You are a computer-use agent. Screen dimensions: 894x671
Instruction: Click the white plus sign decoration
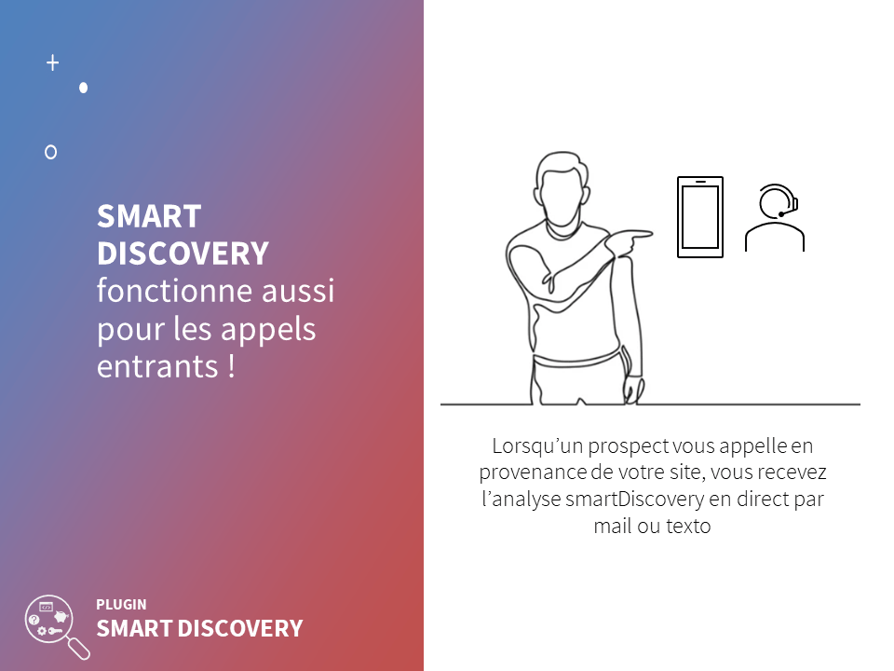[52, 62]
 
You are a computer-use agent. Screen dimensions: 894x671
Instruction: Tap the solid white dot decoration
[83, 88]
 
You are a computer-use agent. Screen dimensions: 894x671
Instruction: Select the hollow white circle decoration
[50, 152]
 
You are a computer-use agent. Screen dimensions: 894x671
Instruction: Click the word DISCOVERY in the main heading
[183, 253]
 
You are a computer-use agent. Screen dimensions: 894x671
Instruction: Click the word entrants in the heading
[158, 366]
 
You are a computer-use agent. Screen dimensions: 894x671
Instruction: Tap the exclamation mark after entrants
[231, 365]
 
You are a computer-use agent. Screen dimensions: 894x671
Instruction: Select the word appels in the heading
[268, 331]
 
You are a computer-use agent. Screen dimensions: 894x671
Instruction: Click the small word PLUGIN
[121, 605]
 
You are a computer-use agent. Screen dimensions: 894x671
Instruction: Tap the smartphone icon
[700, 217]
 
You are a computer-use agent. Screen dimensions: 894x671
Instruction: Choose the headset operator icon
[774, 217]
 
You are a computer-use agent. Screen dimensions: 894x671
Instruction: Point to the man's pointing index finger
[636, 233]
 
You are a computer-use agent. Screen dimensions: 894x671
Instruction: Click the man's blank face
[562, 196]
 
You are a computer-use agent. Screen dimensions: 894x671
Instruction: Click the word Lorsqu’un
[537, 446]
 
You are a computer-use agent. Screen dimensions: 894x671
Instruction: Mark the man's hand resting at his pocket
[633, 390]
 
